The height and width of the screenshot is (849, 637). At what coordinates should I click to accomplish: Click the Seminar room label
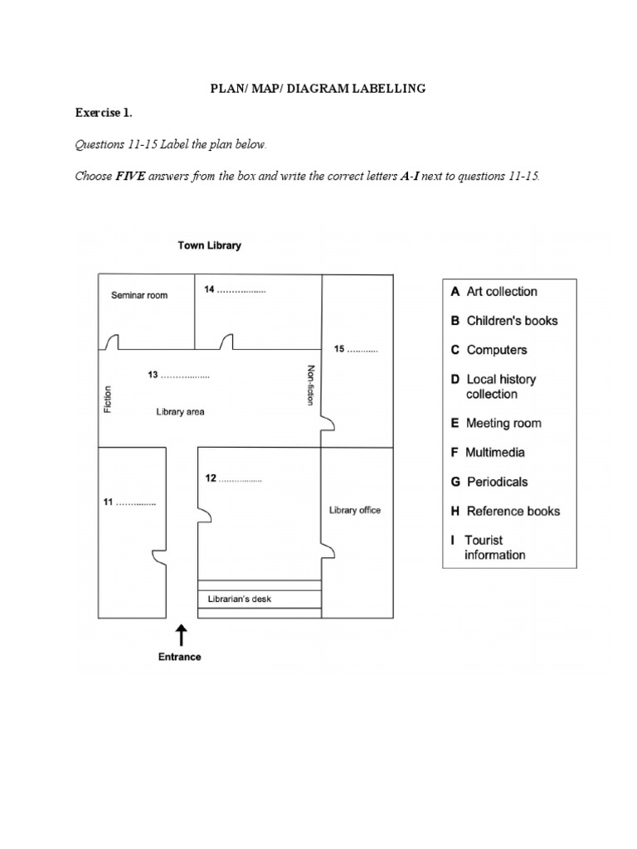click(139, 295)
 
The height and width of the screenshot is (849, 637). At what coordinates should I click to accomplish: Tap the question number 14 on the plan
click(210, 289)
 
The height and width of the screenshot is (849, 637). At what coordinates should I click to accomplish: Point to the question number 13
click(153, 375)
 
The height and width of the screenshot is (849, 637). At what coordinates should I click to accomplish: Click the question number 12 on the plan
click(211, 478)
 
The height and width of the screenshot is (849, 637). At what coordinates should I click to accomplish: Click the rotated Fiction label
click(107, 399)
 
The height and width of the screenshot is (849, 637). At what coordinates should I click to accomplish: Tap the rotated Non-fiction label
click(311, 386)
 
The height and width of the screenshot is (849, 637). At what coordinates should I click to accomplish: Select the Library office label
click(355, 510)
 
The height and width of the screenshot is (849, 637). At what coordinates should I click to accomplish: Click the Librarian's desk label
click(233, 599)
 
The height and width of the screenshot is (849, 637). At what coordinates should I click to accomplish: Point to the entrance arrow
click(181, 635)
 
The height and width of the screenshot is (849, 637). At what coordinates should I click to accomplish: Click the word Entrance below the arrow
click(180, 657)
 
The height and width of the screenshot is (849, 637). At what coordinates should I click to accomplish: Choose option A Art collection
click(494, 291)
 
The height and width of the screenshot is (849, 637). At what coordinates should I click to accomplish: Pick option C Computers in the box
click(489, 350)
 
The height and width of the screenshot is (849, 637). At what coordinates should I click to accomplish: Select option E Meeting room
click(495, 423)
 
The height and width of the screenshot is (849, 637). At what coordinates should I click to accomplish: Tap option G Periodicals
click(489, 482)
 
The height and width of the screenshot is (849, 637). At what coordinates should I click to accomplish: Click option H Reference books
click(505, 511)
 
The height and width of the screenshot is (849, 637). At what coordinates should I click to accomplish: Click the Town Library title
click(210, 245)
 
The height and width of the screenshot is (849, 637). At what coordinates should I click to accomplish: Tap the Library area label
click(180, 411)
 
